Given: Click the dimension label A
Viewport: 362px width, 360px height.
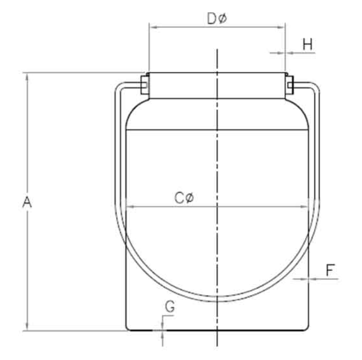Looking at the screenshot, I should tap(27, 202).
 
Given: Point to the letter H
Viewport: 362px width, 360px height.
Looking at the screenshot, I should tap(307, 45).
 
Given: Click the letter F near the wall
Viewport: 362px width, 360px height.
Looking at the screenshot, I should tap(330, 270).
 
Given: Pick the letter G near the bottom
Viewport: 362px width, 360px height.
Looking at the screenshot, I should tap(170, 307).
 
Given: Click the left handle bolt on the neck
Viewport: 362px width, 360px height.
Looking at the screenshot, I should tap(143, 85).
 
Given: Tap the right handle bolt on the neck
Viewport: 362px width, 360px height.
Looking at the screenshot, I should tap(289, 85).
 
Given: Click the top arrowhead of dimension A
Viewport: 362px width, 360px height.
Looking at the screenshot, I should tap(27, 75).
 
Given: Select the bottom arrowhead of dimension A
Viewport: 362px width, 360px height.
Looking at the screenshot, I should tap(27, 328).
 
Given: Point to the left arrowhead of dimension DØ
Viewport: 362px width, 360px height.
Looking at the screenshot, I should tap(151, 26).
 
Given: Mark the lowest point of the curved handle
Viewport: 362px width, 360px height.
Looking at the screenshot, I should tap(218, 299).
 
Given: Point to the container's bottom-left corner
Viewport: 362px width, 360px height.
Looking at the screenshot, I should tap(127, 330).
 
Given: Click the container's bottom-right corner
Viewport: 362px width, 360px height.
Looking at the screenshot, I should tap(309, 330).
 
